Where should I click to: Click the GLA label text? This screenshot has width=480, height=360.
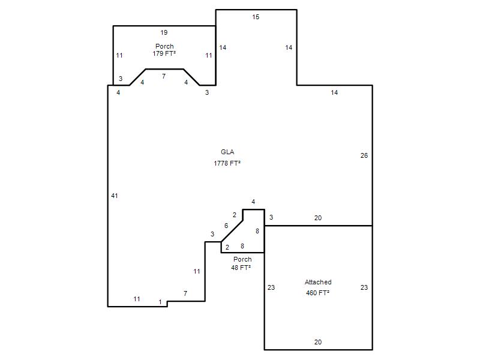click(227, 152)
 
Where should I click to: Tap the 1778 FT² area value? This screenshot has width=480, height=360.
click(227, 163)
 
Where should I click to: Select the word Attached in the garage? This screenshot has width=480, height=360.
click(318, 282)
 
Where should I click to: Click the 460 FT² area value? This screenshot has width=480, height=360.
click(318, 293)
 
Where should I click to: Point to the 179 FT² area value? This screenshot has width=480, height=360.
click(164, 53)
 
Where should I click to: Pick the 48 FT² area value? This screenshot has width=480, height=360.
click(241, 268)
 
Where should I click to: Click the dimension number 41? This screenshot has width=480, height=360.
click(115, 196)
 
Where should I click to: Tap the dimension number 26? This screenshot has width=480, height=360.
click(364, 156)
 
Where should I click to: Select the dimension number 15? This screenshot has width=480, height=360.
click(256, 17)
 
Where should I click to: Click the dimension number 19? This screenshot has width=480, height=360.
click(164, 33)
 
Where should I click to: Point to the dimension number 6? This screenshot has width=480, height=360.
click(226, 226)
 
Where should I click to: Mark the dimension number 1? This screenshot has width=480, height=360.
click(160, 302)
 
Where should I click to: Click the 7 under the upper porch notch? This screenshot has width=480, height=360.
click(164, 76)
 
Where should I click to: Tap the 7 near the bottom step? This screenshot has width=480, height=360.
click(185, 293)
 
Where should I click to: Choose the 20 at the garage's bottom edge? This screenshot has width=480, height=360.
click(318, 342)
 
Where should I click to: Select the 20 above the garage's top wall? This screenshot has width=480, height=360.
click(318, 218)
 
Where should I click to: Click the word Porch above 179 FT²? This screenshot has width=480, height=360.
click(164, 47)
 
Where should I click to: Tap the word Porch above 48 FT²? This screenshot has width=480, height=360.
click(242, 260)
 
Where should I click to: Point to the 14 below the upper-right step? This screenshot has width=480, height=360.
click(334, 93)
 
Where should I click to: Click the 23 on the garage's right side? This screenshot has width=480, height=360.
click(364, 288)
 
